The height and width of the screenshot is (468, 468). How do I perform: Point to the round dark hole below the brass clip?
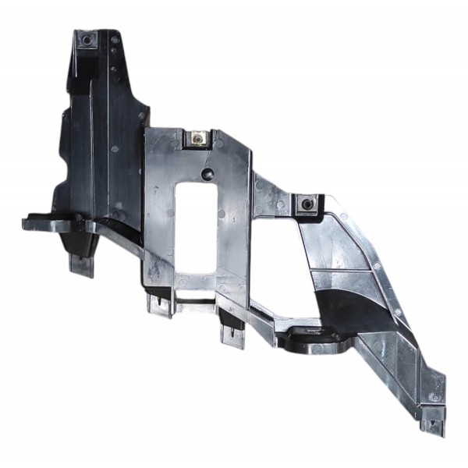click(207, 174)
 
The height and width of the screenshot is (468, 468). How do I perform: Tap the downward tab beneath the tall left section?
click(82, 263)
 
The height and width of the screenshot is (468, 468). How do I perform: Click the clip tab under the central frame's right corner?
click(232, 334)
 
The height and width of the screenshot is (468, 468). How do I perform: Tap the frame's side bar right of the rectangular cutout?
click(234, 226)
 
